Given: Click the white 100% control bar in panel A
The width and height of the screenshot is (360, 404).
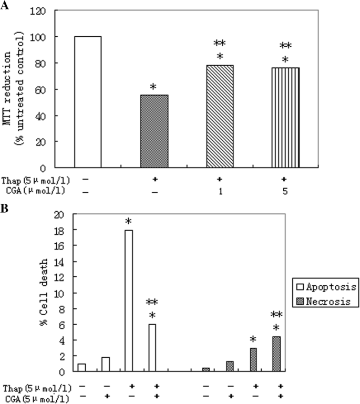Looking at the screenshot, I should (88, 102).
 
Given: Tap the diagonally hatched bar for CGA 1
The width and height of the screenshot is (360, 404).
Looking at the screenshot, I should (219, 116).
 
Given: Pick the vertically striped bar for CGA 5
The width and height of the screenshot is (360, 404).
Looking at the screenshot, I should (285, 118).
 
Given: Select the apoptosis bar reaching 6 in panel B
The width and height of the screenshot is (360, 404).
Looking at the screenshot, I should (152, 348).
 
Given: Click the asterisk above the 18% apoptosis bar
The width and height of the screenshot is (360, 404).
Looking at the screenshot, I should (129, 222).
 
